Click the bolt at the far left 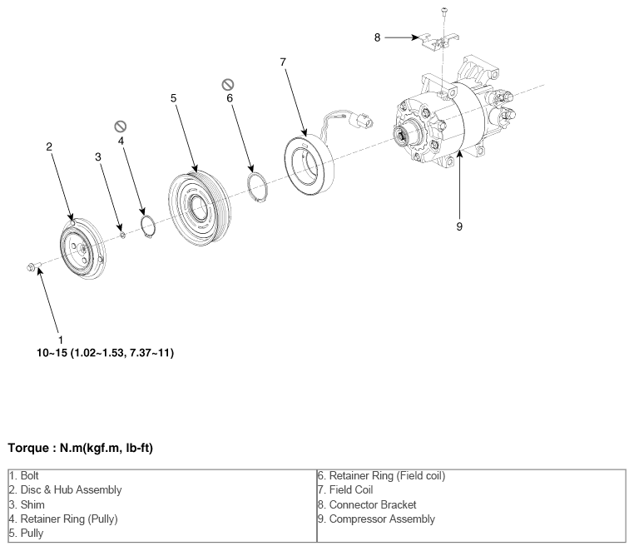tap(33, 266)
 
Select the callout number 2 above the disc tap(49, 146)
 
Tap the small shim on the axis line tap(123, 234)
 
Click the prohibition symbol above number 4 tap(121, 127)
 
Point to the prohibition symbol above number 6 tap(228, 85)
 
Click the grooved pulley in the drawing tap(200, 209)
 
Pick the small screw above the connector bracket tap(444, 12)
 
